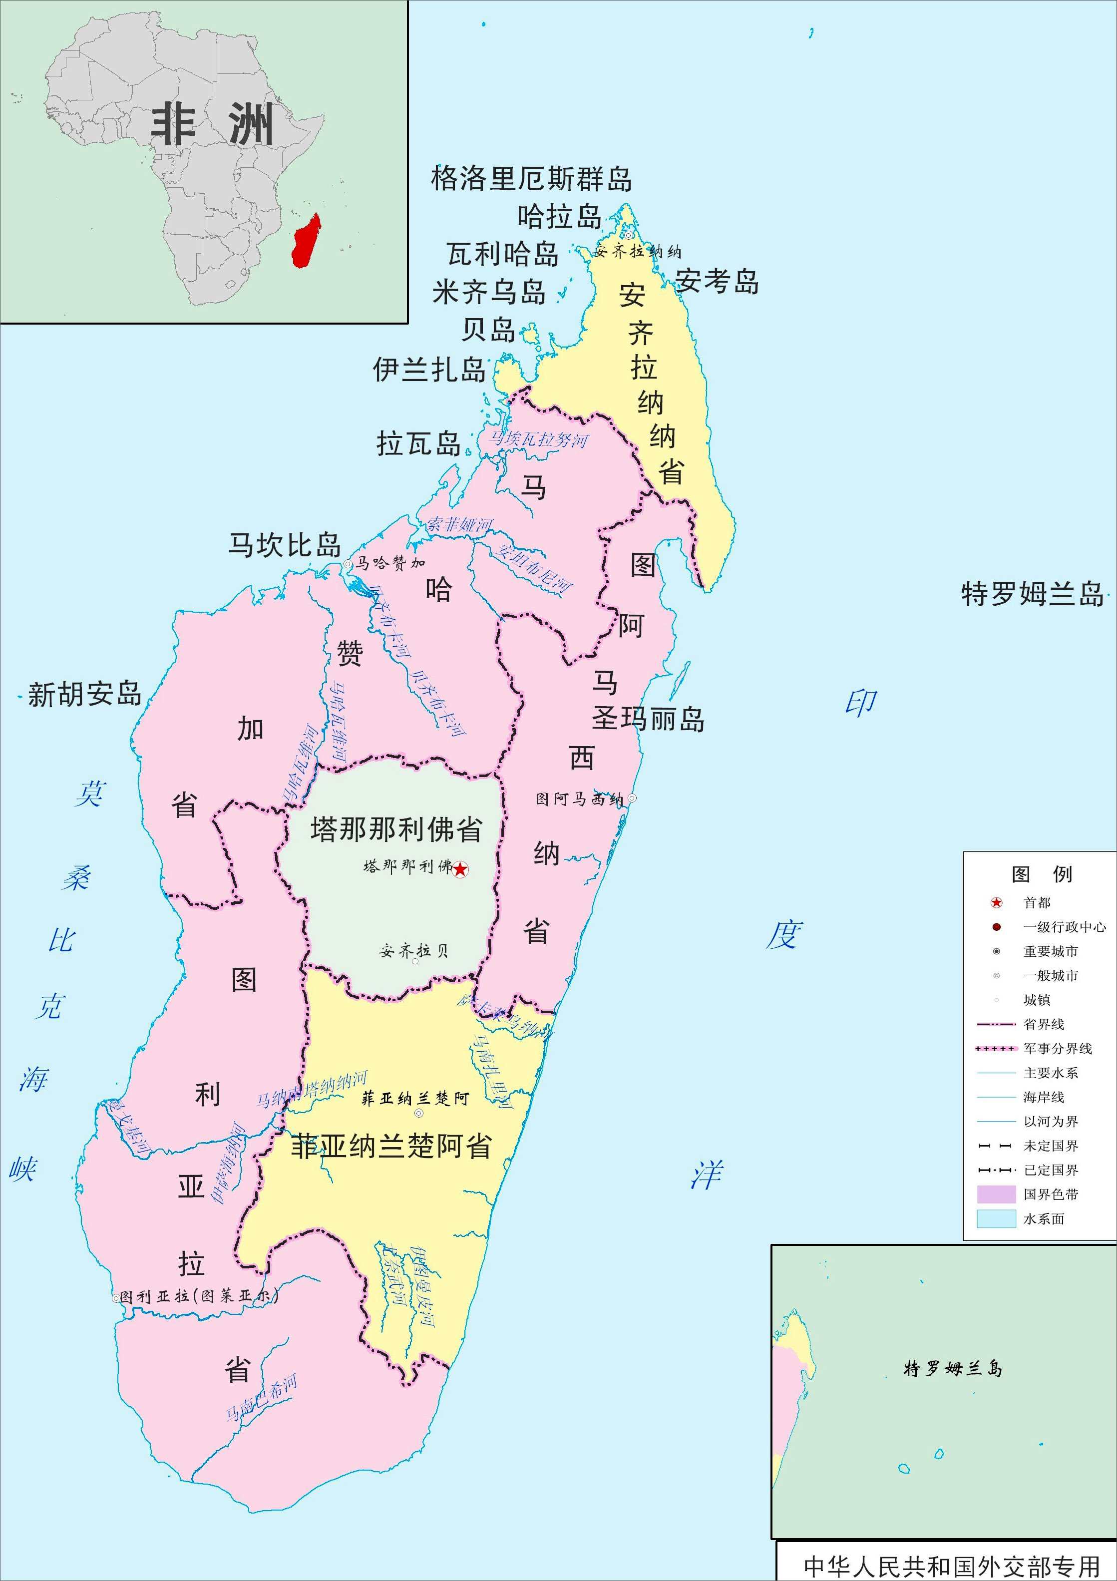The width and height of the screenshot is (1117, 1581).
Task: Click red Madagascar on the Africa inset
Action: click(x=306, y=241)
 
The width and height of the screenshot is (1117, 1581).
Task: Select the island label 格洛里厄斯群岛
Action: click(x=531, y=179)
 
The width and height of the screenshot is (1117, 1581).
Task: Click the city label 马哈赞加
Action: click(x=390, y=563)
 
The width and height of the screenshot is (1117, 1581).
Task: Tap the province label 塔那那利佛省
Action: click(x=396, y=830)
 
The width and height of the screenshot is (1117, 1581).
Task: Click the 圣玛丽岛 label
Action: click(x=648, y=720)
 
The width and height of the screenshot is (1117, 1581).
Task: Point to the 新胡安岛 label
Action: click(x=85, y=694)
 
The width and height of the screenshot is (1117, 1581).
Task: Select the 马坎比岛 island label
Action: click(x=285, y=545)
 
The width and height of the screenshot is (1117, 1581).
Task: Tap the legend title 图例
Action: click(x=1041, y=874)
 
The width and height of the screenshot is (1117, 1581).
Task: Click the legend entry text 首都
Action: click(x=1037, y=903)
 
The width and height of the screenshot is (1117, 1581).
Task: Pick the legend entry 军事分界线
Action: click(x=1057, y=1049)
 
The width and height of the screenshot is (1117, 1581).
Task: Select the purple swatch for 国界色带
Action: click(x=996, y=1194)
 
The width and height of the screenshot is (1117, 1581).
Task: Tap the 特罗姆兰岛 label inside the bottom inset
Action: click(x=952, y=1369)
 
